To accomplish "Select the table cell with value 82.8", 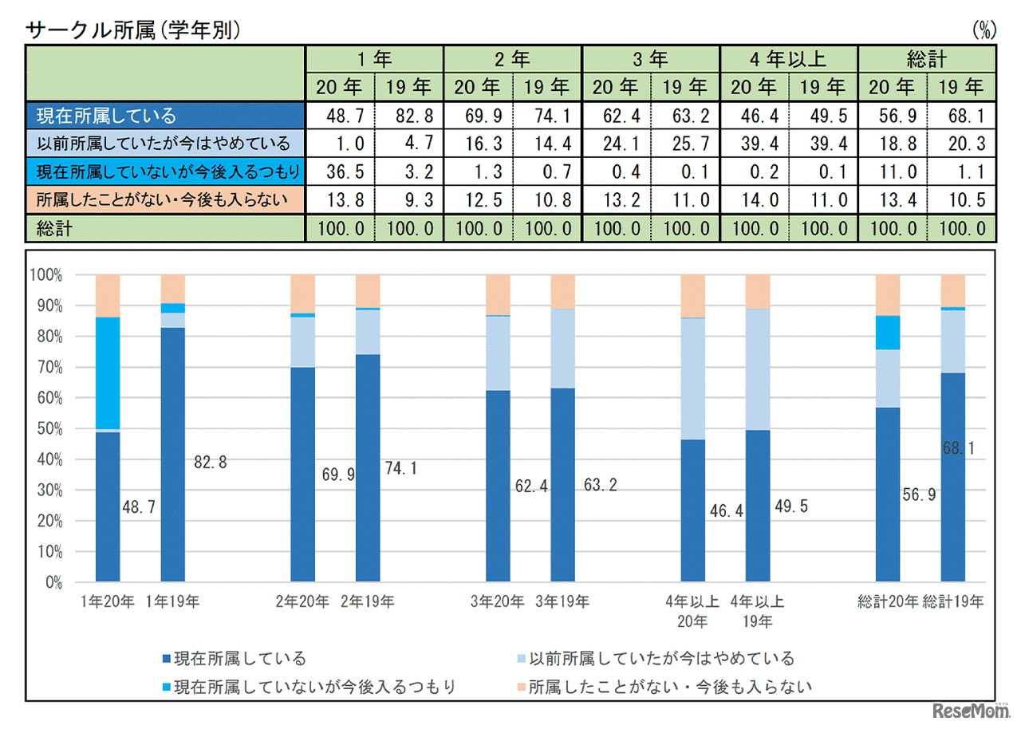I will pos(410,116).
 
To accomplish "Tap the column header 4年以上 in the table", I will pos(788,58).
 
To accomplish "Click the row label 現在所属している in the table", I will pos(106,116).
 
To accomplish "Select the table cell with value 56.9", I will pos(892,116).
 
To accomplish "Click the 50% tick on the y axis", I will pos(45,428).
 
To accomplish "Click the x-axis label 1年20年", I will pos(108,601).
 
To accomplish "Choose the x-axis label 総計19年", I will pos(953,601).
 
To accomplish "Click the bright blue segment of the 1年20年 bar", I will pos(108,373).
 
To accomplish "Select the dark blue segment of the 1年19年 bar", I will pos(172,455).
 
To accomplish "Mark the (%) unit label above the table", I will pos(984,31).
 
